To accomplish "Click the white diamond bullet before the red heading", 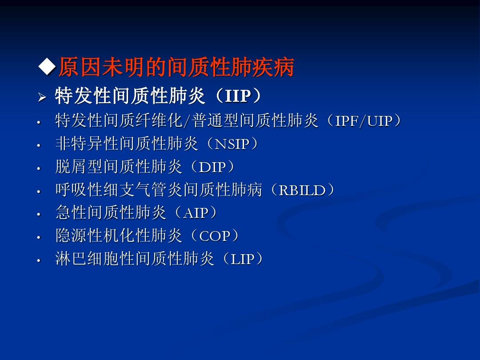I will point(47,68).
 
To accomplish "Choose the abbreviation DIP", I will point(212,167).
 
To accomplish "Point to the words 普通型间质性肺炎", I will point(255,121).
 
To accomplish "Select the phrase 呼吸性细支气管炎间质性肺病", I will point(158,190).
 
